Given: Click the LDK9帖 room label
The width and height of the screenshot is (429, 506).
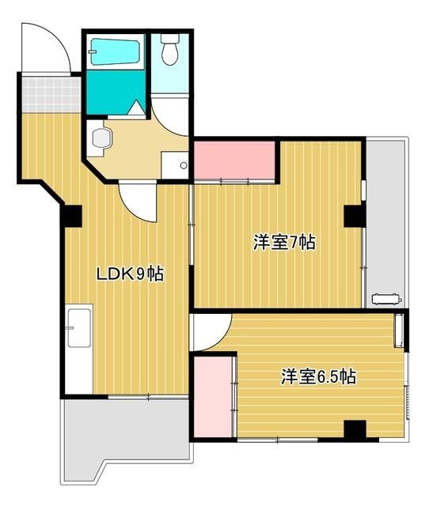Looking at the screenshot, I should click(130, 274).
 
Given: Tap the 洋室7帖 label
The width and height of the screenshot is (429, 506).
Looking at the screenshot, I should click(284, 244).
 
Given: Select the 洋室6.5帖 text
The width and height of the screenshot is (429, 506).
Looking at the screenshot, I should click(317, 377).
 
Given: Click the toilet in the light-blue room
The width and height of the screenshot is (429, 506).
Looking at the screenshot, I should click(169, 51).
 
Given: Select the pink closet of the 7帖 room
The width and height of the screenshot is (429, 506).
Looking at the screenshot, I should click(234, 160).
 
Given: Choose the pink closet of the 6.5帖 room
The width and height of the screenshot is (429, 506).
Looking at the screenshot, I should click(211, 395).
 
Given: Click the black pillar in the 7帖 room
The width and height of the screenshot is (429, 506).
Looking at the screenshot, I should click(353, 214).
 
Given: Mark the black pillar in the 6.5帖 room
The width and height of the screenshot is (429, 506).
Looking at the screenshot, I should click(355, 430).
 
